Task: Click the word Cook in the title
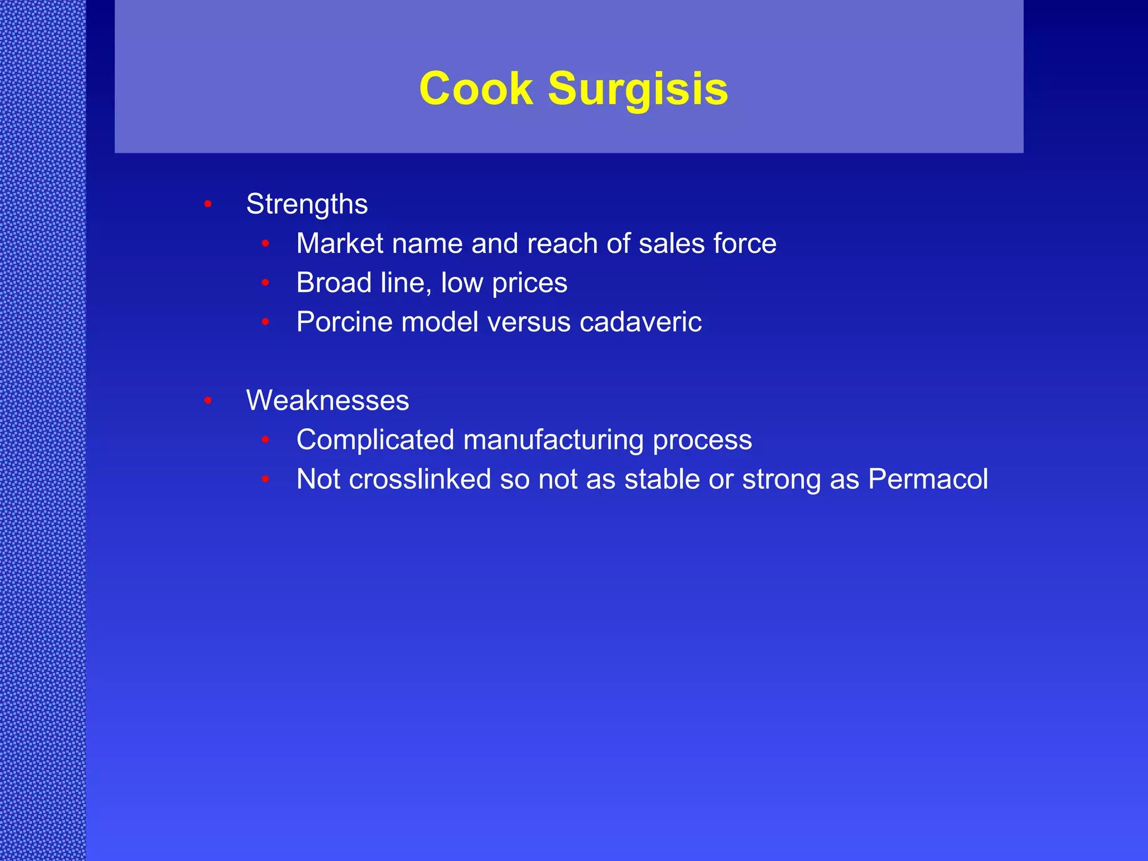click(476, 89)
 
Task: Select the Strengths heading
click(307, 204)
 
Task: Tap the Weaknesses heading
click(327, 400)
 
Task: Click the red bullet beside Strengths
click(208, 204)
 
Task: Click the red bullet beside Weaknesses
click(208, 400)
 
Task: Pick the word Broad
click(334, 283)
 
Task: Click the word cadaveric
click(640, 322)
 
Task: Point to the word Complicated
click(375, 440)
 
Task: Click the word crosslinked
click(420, 479)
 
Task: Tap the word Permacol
click(928, 479)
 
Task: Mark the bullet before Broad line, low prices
click(266, 283)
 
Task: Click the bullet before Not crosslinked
click(266, 479)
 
